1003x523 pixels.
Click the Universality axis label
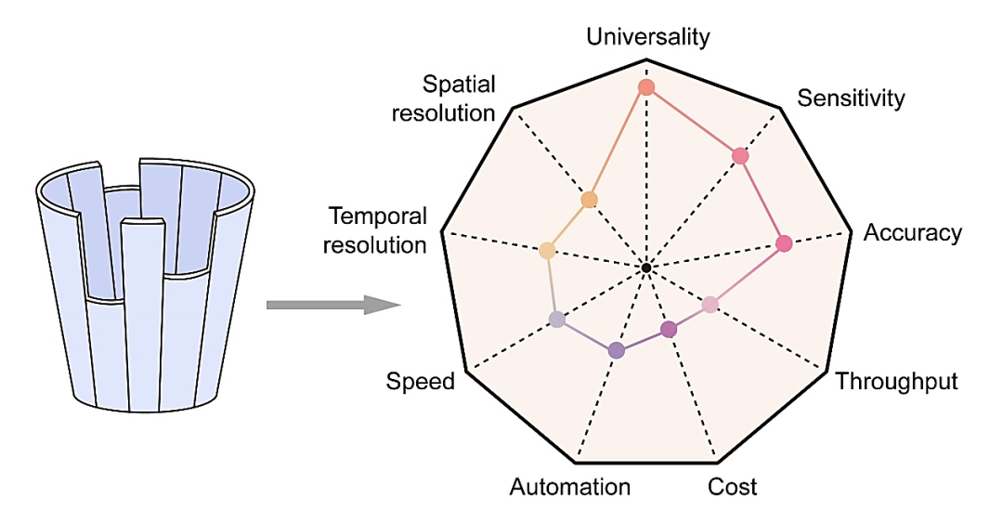[x=648, y=36]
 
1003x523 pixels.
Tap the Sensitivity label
[x=851, y=98]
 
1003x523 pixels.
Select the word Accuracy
[x=913, y=233]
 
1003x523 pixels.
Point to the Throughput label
[x=897, y=382]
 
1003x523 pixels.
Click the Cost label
[x=733, y=487]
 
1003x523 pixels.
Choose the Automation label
[x=570, y=487]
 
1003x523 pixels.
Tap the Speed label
[x=421, y=382]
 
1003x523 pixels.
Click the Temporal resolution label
[x=375, y=230]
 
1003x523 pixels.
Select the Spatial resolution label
[x=444, y=98]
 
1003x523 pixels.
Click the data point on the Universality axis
[x=646, y=87]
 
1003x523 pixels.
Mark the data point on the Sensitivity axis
[x=740, y=155]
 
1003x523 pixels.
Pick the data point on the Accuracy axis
[x=784, y=243]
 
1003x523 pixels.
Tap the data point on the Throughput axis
[x=710, y=305]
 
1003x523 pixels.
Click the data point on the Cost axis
[x=669, y=330]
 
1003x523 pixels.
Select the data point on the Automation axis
[x=616, y=350]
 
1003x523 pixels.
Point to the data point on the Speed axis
[x=557, y=320]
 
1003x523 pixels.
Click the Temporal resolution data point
[x=547, y=250]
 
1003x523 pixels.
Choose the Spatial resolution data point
[x=589, y=200]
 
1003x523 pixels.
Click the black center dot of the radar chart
[x=646, y=268]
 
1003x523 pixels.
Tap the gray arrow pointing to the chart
[x=333, y=305]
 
